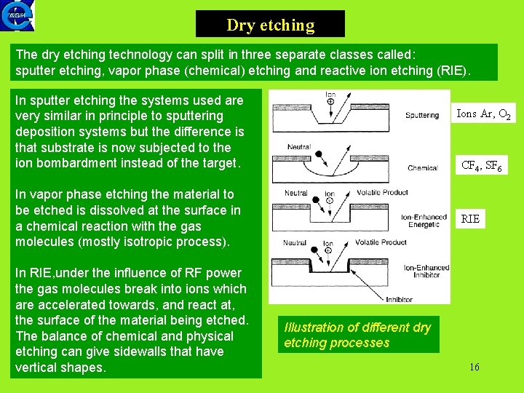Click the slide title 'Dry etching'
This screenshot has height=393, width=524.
270,25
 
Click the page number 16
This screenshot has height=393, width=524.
475,367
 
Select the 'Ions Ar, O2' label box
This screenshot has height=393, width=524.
483,114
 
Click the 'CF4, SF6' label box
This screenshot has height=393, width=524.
481,166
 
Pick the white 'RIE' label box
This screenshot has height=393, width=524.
471,218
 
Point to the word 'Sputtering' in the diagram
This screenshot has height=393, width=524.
422,115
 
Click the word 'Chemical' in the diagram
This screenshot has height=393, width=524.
423,168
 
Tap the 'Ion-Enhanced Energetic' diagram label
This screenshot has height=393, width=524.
423,221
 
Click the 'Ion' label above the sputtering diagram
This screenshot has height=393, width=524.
330,94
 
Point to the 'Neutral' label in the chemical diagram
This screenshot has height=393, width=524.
299,146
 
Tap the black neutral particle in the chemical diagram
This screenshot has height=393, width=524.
317,154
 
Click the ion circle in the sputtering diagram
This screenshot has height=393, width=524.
330,102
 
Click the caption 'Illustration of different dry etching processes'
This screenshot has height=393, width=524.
357,335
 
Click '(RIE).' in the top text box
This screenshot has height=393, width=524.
453,71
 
